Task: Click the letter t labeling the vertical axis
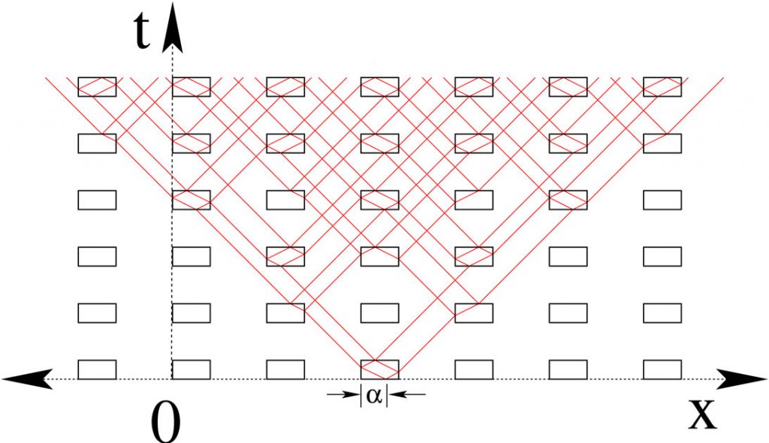tap(142, 31)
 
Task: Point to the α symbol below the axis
tap(374, 396)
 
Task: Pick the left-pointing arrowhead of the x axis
tap(27, 378)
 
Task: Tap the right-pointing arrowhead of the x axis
tap(741, 378)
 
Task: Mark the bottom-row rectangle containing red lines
tap(379, 369)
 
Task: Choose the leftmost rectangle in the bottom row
tap(97, 369)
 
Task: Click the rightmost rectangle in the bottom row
tap(662, 369)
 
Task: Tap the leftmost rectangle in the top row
tap(97, 87)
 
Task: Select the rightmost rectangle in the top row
tap(662, 87)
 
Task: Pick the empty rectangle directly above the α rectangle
tap(379, 313)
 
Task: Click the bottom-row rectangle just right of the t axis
tap(191, 369)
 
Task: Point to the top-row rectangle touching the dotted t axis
tap(191, 87)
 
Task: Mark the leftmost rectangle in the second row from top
tap(97, 143)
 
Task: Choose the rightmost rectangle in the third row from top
tap(662, 200)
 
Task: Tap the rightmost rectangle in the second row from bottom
tap(662, 313)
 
